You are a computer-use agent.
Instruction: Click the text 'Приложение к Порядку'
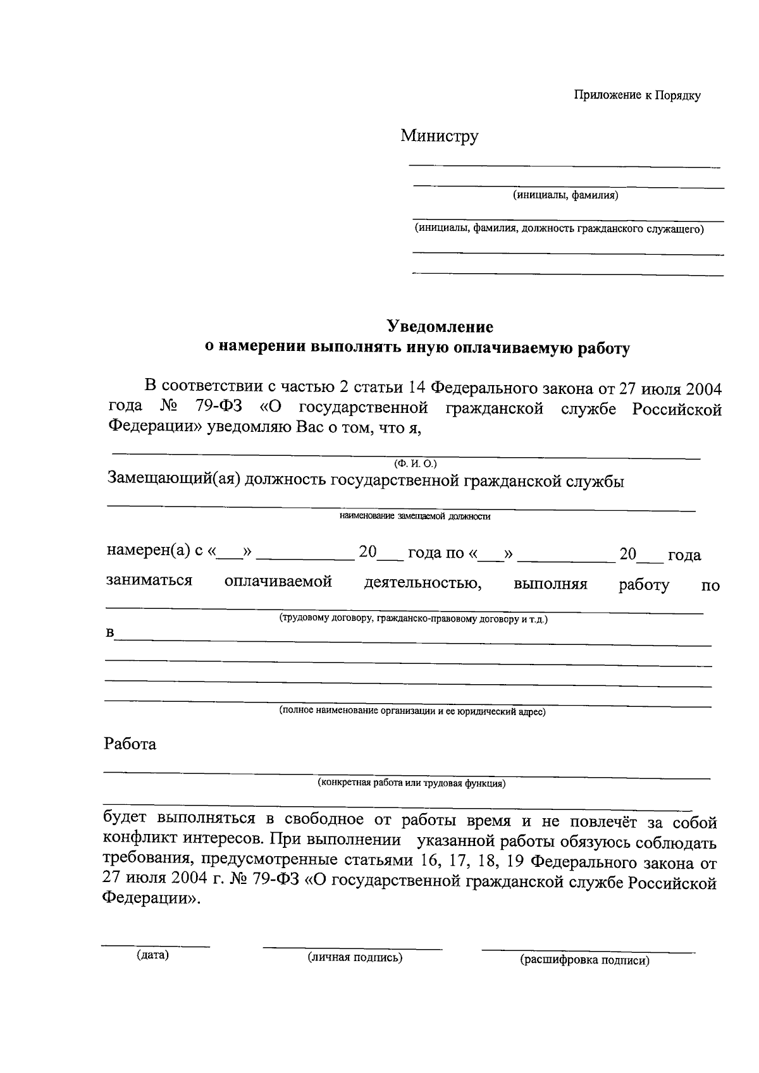click(637, 95)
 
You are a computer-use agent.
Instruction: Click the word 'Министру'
click(439, 136)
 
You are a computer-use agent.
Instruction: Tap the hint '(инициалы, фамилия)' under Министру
click(565, 195)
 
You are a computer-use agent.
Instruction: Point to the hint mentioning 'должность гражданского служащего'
click(558, 229)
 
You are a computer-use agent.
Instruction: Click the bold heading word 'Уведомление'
click(440, 327)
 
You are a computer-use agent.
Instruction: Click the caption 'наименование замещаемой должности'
click(415, 517)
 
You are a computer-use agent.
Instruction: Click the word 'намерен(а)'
click(148, 551)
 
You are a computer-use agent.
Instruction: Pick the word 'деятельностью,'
click(423, 582)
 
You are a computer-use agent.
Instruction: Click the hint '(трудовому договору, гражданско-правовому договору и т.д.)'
click(414, 619)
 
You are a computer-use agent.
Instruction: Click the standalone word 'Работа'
click(130, 744)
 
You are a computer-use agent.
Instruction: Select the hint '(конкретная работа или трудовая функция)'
click(411, 783)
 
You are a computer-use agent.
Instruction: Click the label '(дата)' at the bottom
click(152, 955)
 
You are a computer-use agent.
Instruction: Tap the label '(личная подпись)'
click(355, 957)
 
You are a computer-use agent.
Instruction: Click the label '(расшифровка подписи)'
click(584, 960)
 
